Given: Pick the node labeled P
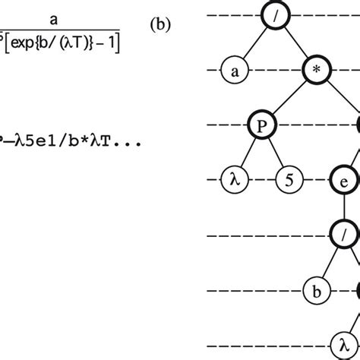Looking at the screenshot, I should [261, 126].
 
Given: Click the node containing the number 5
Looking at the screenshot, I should [287, 181].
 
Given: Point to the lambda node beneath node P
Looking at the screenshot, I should [233, 181].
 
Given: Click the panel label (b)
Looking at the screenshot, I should [159, 24].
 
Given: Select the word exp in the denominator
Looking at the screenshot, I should [27, 44].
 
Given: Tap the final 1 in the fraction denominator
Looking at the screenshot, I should [115, 44].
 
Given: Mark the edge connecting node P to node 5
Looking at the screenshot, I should [274, 154].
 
